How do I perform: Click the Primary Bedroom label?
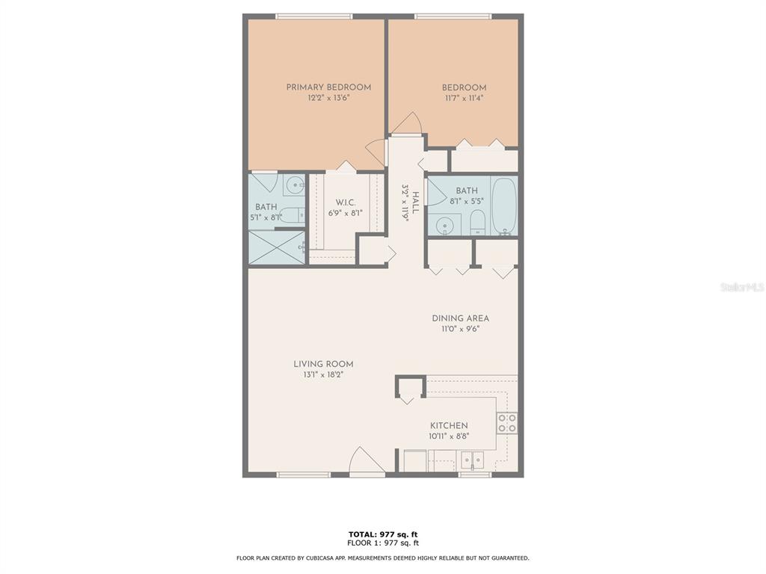click(x=328, y=87)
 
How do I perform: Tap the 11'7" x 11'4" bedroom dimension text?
click(x=464, y=98)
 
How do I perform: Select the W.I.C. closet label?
click(x=346, y=203)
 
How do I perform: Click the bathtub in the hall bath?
click(x=503, y=206)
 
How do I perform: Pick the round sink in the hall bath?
click(x=444, y=226)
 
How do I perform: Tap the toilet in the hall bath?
click(x=477, y=223)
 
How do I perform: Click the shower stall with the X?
click(x=278, y=247)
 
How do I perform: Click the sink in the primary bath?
click(x=295, y=185)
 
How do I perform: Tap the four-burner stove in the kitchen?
click(x=507, y=423)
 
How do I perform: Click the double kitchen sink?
click(x=473, y=460)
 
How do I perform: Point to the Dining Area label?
click(x=460, y=318)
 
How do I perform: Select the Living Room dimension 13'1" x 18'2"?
click(x=323, y=375)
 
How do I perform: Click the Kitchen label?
click(x=449, y=425)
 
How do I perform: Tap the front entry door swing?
click(x=367, y=460)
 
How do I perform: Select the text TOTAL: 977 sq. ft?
click(x=383, y=534)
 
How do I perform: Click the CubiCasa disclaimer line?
click(x=382, y=558)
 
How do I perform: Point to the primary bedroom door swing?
click(x=376, y=152)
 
